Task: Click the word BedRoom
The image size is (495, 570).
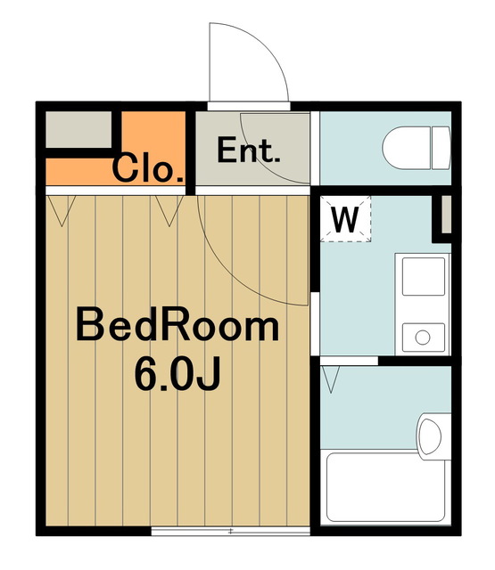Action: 177,326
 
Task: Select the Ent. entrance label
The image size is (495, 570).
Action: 249,150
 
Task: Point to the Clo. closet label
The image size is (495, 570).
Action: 148,168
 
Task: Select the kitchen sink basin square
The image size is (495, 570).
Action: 422,276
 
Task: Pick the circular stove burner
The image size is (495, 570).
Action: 422,337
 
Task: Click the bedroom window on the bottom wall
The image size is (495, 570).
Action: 230,531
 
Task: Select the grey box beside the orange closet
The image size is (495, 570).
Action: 78,131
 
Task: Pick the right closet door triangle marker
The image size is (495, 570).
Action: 166,209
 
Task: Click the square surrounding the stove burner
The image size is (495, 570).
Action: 422,337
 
